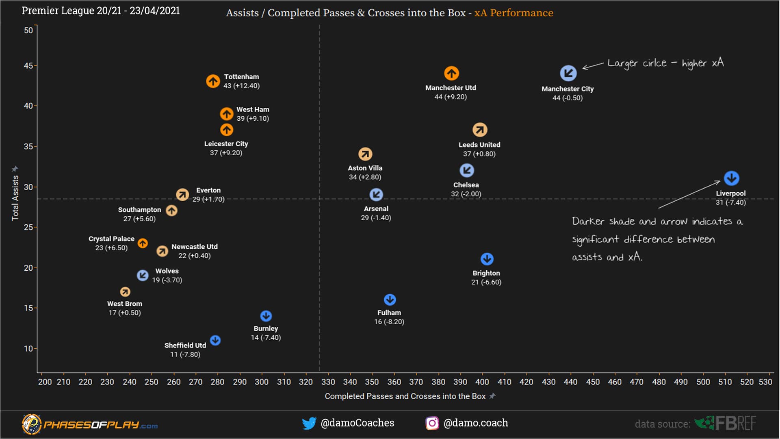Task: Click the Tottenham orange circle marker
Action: (x=213, y=81)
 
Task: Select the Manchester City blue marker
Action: (x=568, y=74)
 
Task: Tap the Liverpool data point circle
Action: (x=731, y=178)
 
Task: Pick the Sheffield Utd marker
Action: (x=215, y=340)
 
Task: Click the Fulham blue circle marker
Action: (x=390, y=300)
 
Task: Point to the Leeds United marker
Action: (x=480, y=130)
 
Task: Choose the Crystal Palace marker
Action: (x=143, y=243)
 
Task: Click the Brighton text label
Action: (x=486, y=273)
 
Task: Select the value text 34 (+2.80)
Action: (x=365, y=177)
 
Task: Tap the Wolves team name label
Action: (x=167, y=271)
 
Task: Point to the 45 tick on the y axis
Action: (x=28, y=66)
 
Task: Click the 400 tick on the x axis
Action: (x=482, y=382)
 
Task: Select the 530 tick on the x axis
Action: (x=765, y=382)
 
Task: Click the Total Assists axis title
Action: (x=15, y=198)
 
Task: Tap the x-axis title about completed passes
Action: (x=405, y=396)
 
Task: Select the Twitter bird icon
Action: (x=309, y=423)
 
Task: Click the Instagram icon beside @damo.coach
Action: (x=432, y=423)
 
